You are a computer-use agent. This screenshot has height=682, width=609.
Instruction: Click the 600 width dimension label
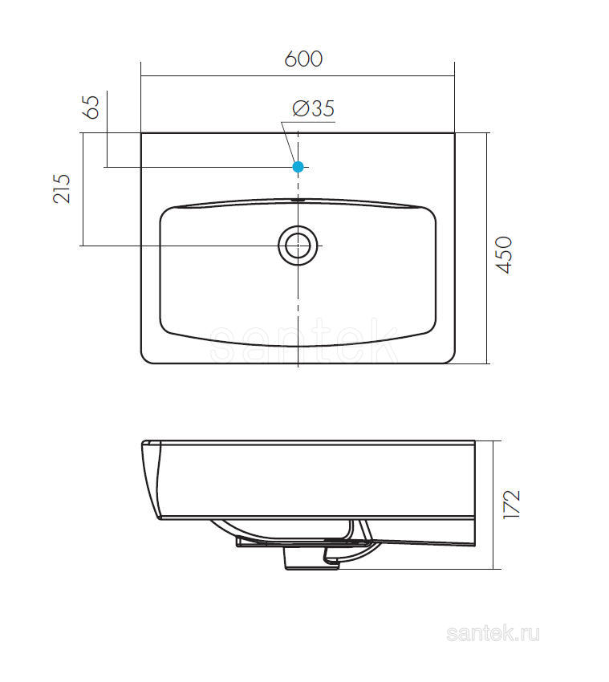[x=303, y=59]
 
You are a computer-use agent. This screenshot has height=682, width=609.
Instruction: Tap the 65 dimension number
[x=91, y=108]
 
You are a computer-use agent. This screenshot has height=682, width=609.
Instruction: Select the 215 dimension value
[x=61, y=189]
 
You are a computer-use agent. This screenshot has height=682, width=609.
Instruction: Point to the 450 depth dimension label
[x=505, y=255]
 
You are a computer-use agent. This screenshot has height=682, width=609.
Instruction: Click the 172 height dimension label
[x=512, y=504]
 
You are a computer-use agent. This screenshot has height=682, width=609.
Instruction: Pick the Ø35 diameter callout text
[x=313, y=108]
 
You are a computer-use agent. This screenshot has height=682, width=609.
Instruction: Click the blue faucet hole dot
[x=298, y=167]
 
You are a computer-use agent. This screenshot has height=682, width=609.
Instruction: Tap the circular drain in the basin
[x=298, y=246]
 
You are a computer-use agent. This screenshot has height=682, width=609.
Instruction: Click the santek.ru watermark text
[x=493, y=634]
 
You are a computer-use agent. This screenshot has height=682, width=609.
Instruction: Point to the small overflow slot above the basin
[x=298, y=200]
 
